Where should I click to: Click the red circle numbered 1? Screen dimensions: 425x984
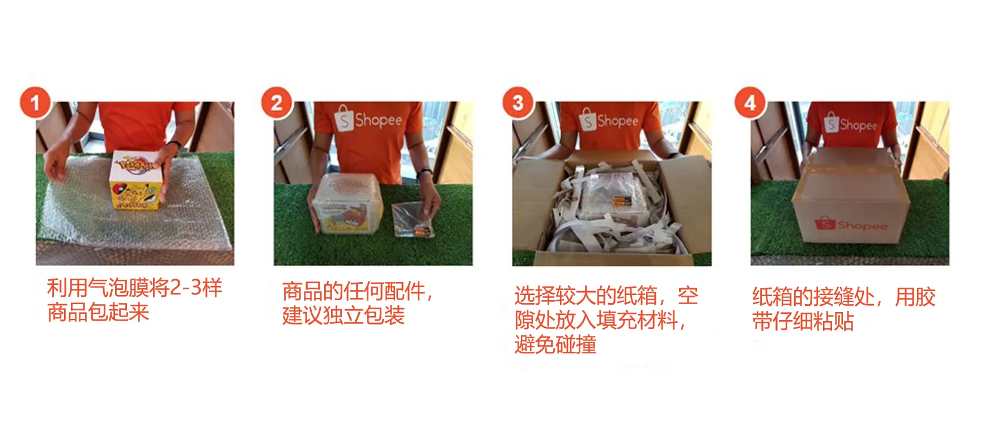pos(35,103)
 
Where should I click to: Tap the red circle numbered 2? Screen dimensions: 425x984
pos(277,103)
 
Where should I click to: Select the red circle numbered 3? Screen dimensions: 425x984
pos(518,103)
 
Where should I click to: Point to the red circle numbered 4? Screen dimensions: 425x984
pos(750,103)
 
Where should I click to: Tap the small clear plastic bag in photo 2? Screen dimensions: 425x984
pos(413,220)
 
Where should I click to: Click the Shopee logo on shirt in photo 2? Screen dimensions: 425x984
pos(369,120)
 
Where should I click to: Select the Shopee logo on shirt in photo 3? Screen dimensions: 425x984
pos(609,120)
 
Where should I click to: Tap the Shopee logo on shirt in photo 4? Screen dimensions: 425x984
pos(851,124)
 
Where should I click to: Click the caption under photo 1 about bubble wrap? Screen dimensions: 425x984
pos(134,300)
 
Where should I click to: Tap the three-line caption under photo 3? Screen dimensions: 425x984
pos(606,320)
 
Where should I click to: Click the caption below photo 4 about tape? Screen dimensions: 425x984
pos(843,309)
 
